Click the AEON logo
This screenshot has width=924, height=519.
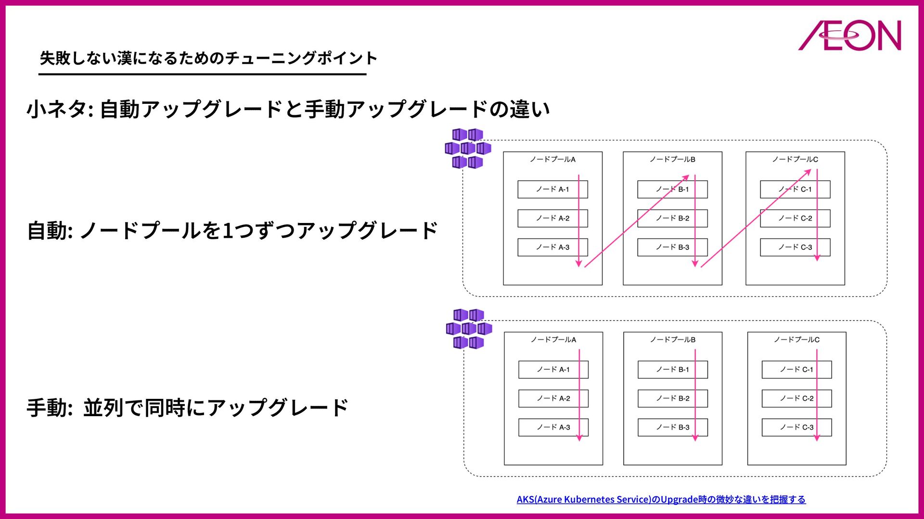tap(850, 36)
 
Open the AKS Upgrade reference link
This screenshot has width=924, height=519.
tap(661, 499)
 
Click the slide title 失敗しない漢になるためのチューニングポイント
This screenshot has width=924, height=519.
tap(208, 58)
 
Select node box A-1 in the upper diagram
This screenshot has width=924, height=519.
tap(552, 189)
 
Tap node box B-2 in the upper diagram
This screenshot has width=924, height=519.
tap(672, 218)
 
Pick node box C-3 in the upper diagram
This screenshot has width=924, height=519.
tap(795, 247)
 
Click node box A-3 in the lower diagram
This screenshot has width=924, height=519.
tap(553, 427)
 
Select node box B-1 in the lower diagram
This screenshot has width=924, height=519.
tap(672, 370)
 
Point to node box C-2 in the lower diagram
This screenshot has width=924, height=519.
tap(796, 398)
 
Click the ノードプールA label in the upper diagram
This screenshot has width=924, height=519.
tap(552, 159)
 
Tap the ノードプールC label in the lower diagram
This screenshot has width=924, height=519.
tap(796, 339)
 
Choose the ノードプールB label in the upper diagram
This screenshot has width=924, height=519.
tap(672, 159)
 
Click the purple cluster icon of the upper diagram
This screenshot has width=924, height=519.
tap(467, 148)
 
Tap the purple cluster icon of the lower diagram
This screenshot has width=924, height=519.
tap(468, 329)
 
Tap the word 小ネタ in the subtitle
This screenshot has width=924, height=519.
tap(57, 109)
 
